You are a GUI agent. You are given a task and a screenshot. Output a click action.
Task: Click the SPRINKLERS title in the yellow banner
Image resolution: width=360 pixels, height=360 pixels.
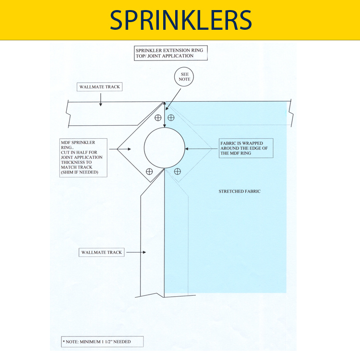[x=180, y=20]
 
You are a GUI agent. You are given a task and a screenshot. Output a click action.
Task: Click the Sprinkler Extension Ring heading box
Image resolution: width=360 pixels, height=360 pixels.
[x=170, y=53]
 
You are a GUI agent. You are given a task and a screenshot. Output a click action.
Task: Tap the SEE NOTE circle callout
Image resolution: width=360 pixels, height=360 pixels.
[x=185, y=77]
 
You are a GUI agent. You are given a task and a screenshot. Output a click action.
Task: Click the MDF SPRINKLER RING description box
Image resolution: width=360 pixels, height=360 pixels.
[x=84, y=157]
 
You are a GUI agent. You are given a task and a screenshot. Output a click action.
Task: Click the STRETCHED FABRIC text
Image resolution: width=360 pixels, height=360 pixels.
[x=239, y=192]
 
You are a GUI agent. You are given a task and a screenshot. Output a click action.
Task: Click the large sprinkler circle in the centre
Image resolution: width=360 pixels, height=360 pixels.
[x=165, y=148]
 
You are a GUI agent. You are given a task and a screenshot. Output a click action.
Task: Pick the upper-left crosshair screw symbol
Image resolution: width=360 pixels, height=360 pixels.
[x=157, y=118]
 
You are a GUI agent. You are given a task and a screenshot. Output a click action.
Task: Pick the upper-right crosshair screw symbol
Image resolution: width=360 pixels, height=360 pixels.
[x=171, y=118]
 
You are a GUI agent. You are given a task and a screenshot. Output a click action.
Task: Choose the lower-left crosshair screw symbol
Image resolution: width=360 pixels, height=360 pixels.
[x=149, y=171]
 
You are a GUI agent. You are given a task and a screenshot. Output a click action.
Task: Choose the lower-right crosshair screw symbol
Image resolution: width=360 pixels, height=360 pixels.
[x=178, y=171]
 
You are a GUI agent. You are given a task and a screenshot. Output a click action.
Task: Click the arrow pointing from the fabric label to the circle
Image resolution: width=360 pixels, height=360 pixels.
[x=202, y=149]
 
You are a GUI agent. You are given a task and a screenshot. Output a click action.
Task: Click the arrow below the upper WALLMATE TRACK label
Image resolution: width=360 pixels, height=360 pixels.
[x=100, y=98]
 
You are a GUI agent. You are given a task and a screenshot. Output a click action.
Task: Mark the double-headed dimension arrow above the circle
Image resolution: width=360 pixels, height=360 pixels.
[x=165, y=115]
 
